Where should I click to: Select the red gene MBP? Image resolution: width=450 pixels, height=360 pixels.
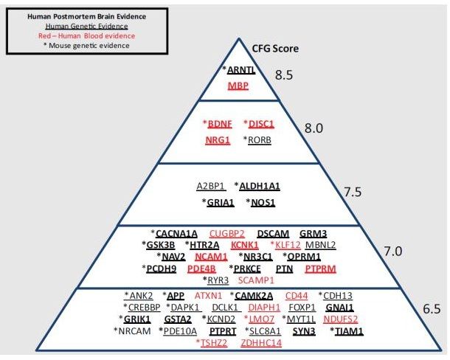pyautogui.click(x=238, y=86)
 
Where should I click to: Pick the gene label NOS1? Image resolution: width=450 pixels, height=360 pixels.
pyautogui.click(x=261, y=201)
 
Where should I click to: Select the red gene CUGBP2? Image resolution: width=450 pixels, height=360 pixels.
pyautogui.click(x=226, y=232)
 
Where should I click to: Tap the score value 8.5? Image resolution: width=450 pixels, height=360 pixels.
pyautogui.click(x=284, y=75)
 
